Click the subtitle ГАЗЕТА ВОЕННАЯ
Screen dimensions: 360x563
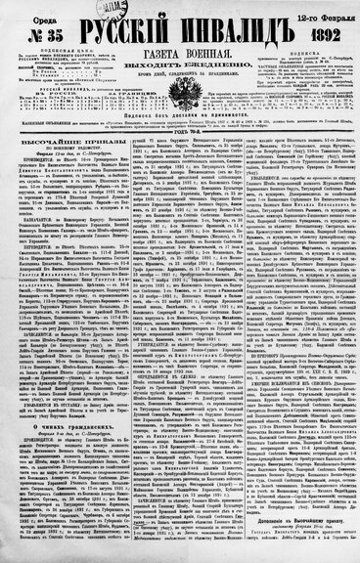180,48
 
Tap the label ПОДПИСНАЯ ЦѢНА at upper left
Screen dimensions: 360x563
58,42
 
